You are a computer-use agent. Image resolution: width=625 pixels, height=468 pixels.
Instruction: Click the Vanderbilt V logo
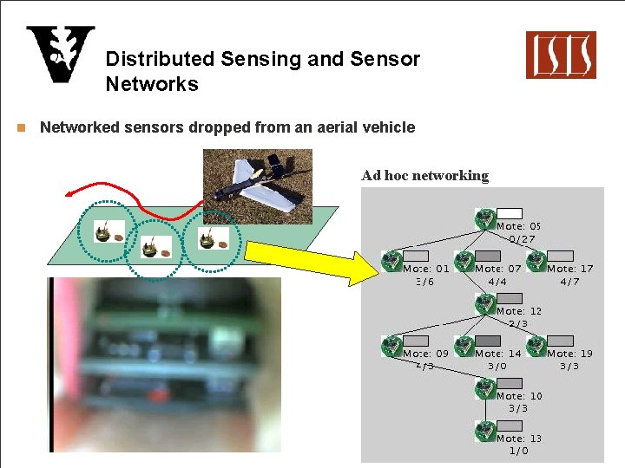(60, 54)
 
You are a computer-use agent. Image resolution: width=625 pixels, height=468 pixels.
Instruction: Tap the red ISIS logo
(560, 55)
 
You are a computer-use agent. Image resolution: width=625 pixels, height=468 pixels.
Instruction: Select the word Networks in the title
(152, 84)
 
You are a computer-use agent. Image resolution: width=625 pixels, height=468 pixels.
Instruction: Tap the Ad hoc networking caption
(424, 176)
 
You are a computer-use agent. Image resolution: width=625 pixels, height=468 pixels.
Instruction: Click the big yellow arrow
(312, 259)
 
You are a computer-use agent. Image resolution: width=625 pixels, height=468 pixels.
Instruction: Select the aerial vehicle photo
(257, 185)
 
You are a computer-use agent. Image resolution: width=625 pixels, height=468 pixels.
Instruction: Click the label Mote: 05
(519, 226)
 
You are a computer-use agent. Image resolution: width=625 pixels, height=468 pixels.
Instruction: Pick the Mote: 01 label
(426, 269)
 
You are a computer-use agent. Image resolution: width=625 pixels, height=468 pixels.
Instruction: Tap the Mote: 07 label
(498, 269)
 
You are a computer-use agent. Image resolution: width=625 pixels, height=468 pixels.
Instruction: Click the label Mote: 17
(569, 269)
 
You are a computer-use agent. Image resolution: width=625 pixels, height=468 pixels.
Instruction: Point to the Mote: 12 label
(519, 311)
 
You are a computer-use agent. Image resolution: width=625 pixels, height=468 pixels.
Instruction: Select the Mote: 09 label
(426, 354)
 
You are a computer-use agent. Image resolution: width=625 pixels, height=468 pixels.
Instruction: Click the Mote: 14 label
(498, 354)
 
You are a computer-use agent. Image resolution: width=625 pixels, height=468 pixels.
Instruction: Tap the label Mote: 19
(569, 354)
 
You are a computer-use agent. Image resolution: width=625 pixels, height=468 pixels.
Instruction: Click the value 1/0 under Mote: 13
(518, 451)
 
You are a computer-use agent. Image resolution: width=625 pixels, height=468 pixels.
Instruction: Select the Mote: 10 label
(519, 396)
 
